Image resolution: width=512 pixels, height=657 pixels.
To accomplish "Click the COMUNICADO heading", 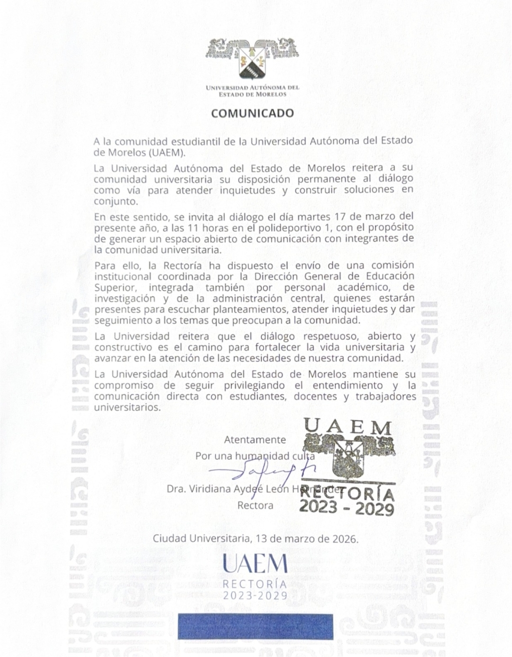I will [x=252, y=113].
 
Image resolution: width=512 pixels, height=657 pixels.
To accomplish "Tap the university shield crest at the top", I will [x=253, y=61].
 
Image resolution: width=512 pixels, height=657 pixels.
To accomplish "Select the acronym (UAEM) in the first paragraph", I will [x=167, y=152].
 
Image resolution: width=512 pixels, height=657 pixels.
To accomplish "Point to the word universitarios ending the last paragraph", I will [x=128, y=407].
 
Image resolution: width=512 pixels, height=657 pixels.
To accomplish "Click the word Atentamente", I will [x=255, y=440].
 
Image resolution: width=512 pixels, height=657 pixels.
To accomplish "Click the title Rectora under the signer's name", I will [x=255, y=505].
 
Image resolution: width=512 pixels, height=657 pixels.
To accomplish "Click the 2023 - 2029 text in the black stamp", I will [x=347, y=508].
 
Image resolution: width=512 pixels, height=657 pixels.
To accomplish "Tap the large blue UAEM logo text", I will [x=255, y=564].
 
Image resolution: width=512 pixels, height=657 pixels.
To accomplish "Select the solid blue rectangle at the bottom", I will [x=255, y=627].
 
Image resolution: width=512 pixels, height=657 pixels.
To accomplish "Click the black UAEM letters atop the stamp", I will [x=347, y=428].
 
